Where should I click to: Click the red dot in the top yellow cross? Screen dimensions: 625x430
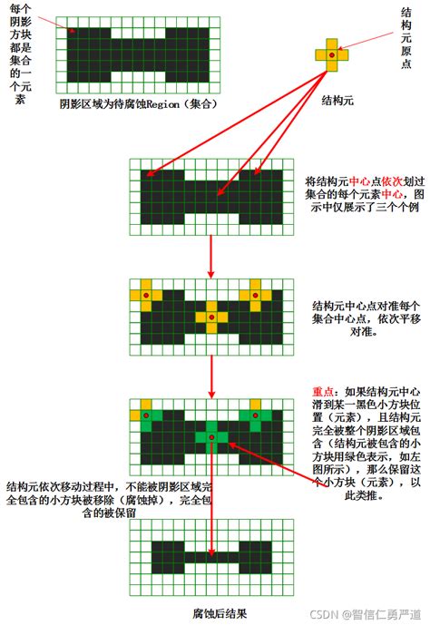[332, 55]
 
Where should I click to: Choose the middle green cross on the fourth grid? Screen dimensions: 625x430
[210, 437]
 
